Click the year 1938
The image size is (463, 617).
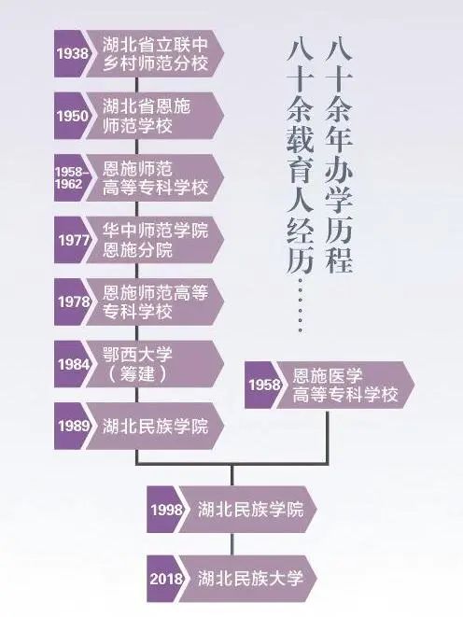tap(73, 53)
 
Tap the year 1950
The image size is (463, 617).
tap(73, 116)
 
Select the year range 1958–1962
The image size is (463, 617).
tap(71, 178)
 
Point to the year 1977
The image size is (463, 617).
tap(74, 240)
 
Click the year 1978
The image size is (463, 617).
tap(74, 301)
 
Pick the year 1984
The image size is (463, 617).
tap(74, 364)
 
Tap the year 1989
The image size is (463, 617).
tap(74, 426)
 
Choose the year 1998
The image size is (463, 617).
tap(167, 510)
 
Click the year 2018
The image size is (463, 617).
tap(166, 579)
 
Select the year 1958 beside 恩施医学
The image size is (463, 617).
tap(264, 385)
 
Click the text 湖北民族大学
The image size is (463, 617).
tap(250, 578)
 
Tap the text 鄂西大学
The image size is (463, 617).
tap(137, 355)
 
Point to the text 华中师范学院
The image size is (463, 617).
tap(155, 231)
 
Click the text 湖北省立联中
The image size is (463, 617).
tap(155, 45)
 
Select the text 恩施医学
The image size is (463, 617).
tap(328, 376)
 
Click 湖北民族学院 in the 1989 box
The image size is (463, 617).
tap(155, 427)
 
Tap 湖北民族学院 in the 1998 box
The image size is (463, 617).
tap(250, 510)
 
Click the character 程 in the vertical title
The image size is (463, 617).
tap(339, 259)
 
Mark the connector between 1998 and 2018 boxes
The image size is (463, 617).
tap(232, 544)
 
